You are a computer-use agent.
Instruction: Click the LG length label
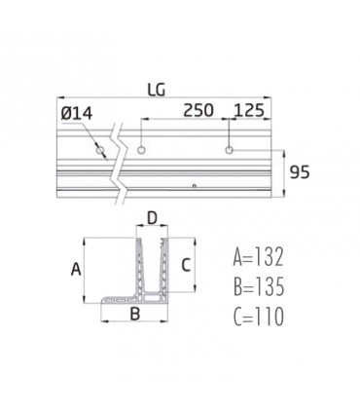click(x=156, y=89)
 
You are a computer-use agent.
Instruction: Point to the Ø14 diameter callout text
click(x=77, y=116)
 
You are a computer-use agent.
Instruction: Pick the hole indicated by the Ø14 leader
click(x=99, y=151)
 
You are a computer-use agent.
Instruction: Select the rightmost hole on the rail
click(x=230, y=151)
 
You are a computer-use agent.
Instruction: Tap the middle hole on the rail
click(x=142, y=151)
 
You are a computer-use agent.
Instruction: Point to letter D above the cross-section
click(x=152, y=217)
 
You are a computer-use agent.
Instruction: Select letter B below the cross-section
click(x=135, y=314)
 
